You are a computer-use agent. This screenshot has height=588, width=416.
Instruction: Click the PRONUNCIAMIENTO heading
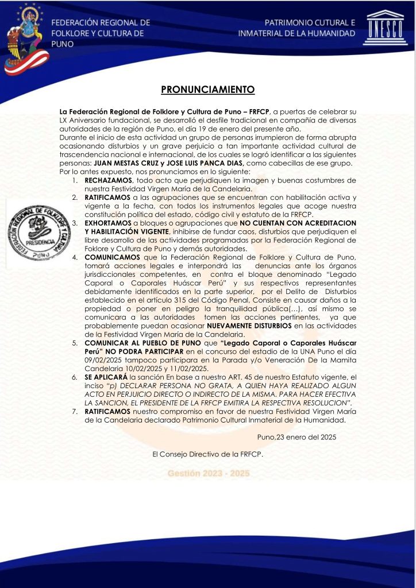(207, 90)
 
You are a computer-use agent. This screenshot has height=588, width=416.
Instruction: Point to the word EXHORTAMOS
(108, 222)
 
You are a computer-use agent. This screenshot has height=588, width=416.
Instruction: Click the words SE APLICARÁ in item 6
(105, 377)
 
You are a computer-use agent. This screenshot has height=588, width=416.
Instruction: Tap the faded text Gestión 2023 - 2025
(208, 473)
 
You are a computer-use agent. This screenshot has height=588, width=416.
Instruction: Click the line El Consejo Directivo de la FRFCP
(207, 454)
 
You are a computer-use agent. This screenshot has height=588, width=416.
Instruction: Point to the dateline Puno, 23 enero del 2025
(297, 436)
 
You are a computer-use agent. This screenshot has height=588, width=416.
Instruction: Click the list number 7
(75, 411)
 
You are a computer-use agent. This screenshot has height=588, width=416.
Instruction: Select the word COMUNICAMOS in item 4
(111, 257)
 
